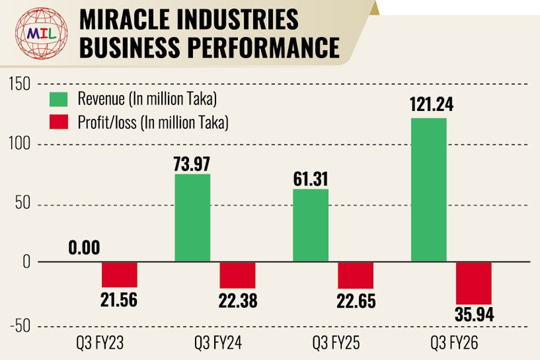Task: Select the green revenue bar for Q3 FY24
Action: [x=192, y=218]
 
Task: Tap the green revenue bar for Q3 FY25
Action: [x=310, y=226]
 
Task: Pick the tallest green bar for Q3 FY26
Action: [x=428, y=190]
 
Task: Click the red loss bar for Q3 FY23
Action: [x=119, y=275]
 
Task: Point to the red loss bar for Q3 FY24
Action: [x=238, y=275]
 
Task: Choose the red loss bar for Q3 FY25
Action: [x=356, y=275]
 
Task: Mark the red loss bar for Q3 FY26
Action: [x=474, y=283]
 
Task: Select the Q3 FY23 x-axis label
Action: [x=101, y=344]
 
